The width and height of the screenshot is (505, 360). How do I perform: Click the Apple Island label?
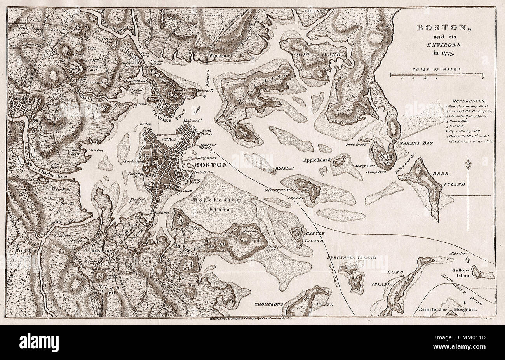316,160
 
